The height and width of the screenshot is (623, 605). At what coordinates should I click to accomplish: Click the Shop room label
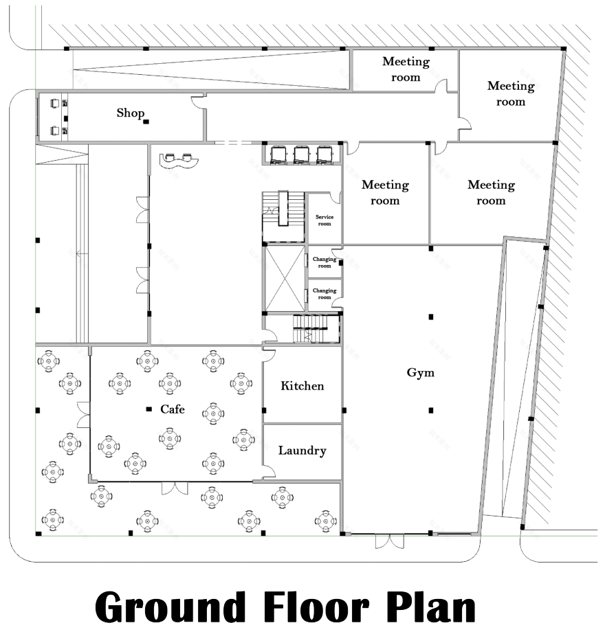[130, 113]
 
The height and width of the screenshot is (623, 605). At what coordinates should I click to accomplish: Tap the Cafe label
[173, 409]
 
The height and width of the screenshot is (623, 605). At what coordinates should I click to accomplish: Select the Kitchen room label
[302, 386]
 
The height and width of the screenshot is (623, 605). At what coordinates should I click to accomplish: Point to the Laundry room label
[302, 451]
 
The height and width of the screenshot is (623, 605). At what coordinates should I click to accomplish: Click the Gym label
[421, 374]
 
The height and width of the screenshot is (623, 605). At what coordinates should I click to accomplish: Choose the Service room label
[324, 220]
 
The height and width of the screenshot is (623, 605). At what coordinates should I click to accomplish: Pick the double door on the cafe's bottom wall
[174, 488]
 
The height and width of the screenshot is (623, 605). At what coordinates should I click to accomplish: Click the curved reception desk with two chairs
[179, 159]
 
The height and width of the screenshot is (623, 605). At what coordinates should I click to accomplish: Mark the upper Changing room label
[324, 262]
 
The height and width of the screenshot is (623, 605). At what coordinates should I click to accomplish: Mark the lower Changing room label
[324, 293]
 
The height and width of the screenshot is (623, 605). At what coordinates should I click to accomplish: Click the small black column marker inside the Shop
[146, 122]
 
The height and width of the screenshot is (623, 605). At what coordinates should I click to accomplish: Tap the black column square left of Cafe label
[148, 409]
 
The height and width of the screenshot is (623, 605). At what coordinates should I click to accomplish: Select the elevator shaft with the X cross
[284, 277]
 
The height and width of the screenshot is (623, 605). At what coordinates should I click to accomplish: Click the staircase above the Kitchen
[316, 329]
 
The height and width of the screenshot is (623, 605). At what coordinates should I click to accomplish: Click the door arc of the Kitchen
[269, 354]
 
